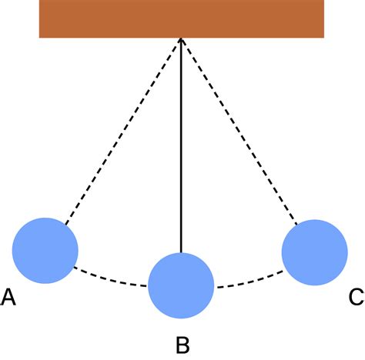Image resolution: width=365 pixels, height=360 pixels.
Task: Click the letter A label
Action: click(x=8, y=297)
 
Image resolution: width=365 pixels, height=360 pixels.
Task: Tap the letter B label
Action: click(x=182, y=345)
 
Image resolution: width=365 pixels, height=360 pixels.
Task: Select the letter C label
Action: click(x=357, y=297)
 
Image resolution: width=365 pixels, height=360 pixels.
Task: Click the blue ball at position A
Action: click(x=45, y=251)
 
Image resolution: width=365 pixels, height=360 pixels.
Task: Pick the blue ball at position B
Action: click(x=181, y=285)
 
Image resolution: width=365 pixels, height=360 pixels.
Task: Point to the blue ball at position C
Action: click(x=315, y=252)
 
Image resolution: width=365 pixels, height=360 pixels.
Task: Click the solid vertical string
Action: click(x=181, y=145)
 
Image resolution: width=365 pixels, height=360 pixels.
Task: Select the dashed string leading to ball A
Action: click(x=123, y=132)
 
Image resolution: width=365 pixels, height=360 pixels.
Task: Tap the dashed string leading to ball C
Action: click(x=239, y=132)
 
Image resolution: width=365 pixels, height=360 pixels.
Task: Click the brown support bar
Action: click(x=182, y=18)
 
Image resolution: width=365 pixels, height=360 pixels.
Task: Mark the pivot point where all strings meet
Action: click(x=181, y=38)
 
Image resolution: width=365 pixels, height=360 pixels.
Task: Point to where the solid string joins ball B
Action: click(x=181, y=253)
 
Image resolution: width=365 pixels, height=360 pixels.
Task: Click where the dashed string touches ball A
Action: click(x=65, y=225)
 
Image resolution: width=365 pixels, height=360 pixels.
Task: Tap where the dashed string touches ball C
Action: click(x=297, y=225)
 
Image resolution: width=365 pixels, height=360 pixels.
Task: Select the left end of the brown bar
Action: click(x=39, y=18)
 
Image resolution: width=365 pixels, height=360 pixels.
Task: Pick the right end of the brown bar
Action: click(x=324, y=18)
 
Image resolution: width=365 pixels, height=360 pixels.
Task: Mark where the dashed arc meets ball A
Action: click(x=74, y=268)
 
